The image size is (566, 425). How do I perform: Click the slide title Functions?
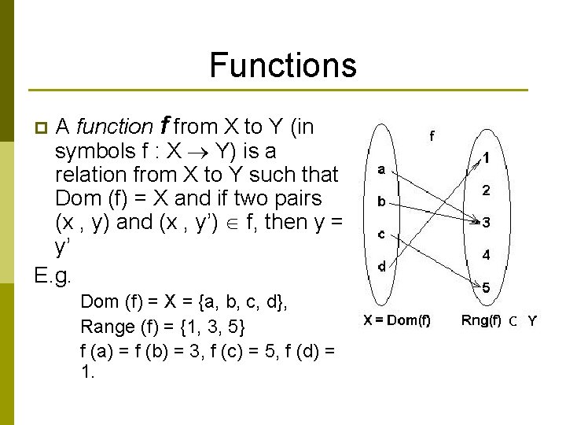pos(283,65)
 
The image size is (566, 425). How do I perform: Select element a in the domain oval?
pos(381,169)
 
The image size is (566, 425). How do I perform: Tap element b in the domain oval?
pos(381,201)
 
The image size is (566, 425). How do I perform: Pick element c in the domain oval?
pos(381,234)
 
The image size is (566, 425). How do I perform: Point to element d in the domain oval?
pos(381,266)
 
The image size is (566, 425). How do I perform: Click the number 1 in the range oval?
pos(487,157)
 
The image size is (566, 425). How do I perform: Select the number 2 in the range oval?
pos(487,190)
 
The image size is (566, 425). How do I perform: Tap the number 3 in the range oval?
pos(487,223)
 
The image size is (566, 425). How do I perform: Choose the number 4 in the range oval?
pos(487,255)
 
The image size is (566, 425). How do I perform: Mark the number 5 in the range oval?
pos(487,288)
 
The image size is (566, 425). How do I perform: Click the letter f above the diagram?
pos(431,135)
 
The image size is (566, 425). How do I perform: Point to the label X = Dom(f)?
pos(397,320)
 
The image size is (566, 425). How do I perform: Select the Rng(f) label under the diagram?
pos(480,320)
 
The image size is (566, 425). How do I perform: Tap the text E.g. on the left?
pos(53,275)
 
